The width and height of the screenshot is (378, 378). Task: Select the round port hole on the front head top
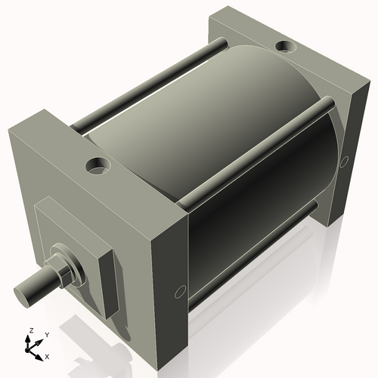click(98, 163)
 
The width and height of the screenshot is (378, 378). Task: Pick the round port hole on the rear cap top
click(286, 48)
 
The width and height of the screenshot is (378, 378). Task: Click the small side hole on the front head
click(180, 291)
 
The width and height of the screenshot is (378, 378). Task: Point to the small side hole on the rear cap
click(345, 161)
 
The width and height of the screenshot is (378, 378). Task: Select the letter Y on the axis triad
click(46, 334)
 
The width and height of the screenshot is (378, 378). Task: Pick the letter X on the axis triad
click(47, 355)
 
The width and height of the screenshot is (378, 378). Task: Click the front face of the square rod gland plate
click(68, 242)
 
